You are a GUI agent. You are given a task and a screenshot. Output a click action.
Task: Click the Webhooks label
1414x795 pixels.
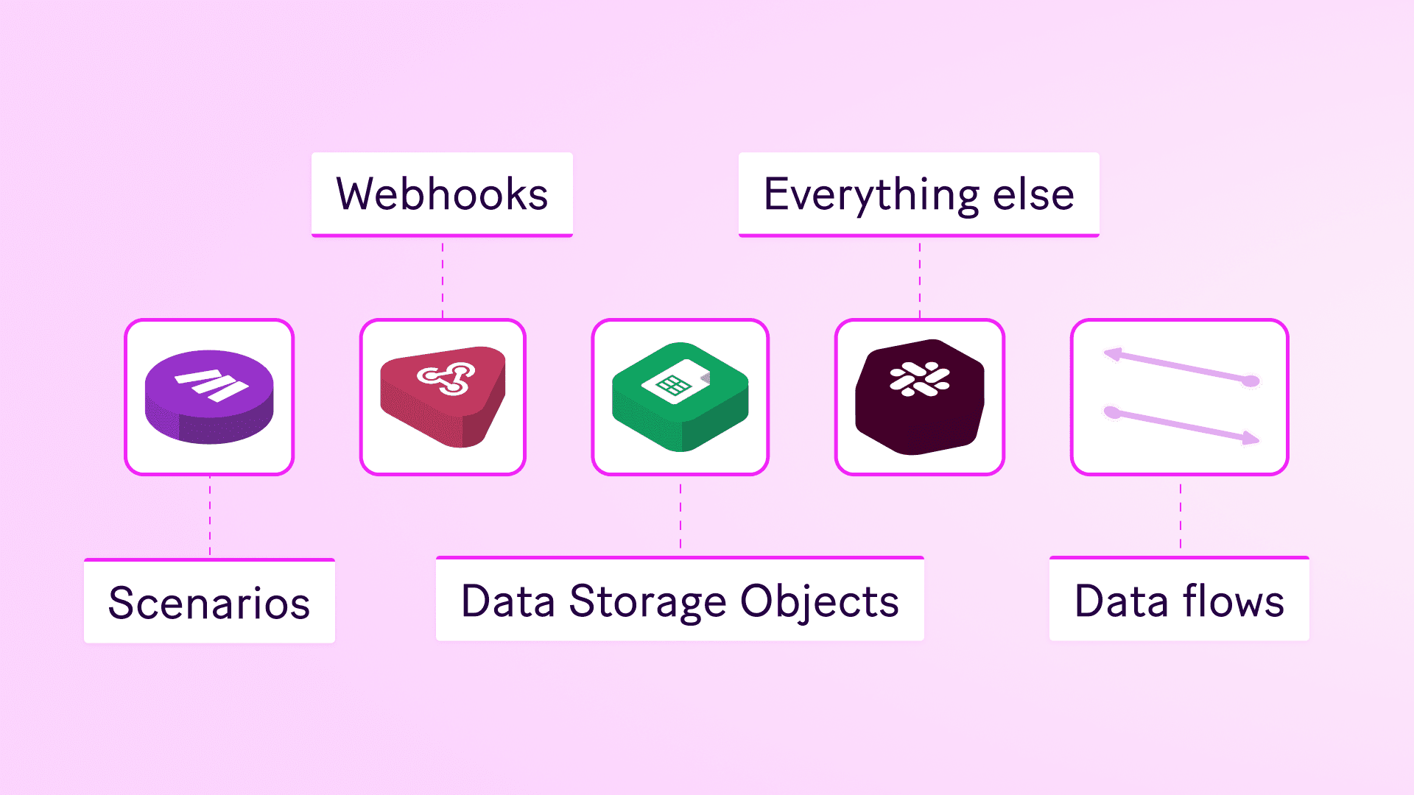pyautogui.click(x=442, y=194)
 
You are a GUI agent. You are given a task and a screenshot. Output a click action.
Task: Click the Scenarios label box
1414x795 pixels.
pyautogui.click(x=209, y=602)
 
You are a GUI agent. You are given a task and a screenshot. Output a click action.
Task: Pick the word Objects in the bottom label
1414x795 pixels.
pyautogui.click(x=819, y=601)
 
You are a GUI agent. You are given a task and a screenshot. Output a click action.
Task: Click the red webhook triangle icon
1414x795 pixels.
pyautogui.click(x=442, y=397)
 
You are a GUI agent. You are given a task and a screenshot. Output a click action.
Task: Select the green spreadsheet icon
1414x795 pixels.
pyautogui.click(x=680, y=397)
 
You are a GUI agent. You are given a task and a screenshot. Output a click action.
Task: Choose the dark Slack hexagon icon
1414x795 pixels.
pyautogui.click(x=919, y=397)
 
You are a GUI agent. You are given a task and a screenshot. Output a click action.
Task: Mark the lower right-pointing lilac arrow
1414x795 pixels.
pyautogui.click(x=1183, y=425)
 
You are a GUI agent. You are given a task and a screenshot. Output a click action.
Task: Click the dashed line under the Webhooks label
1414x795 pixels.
pyautogui.click(x=443, y=278)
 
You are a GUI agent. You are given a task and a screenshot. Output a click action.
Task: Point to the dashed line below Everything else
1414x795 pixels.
pyautogui.click(x=920, y=278)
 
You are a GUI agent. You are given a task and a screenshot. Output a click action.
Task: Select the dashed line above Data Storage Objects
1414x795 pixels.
pyautogui.click(x=680, y=515)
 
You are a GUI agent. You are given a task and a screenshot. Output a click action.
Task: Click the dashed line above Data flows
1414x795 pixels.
pyautogui.click(x=1181, y=515)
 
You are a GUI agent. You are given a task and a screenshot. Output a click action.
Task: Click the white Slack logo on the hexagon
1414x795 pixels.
pyautogui.click(x=920, y=379)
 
